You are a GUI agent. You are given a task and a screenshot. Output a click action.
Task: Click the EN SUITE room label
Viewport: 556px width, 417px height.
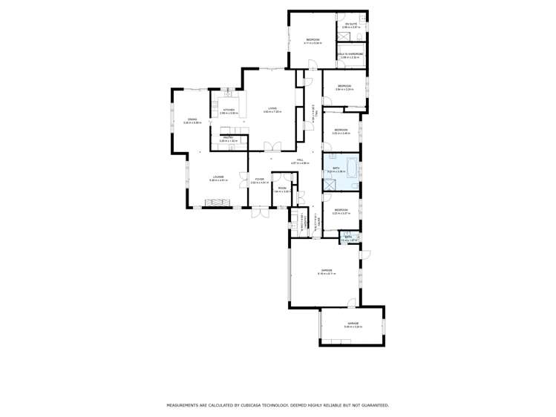(x=351, y=24)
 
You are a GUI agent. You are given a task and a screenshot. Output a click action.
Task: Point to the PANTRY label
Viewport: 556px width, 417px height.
(x=229, y=138)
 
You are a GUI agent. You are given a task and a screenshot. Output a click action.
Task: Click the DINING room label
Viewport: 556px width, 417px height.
(x=192, y=120)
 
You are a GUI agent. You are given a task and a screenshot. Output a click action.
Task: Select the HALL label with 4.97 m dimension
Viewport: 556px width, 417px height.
(x=300, y=161)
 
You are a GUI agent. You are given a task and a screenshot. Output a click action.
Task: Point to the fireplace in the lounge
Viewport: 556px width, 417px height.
(x=218, y=203)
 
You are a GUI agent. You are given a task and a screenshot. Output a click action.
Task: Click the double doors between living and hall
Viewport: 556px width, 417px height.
(x=275, y=145)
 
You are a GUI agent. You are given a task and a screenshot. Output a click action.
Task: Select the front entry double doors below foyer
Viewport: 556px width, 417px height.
(x=261, y=213)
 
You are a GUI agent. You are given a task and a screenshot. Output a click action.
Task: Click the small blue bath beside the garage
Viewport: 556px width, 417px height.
(x=348, y=238)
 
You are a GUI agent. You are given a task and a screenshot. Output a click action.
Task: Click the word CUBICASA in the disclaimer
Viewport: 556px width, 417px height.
(x=255, y=405)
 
